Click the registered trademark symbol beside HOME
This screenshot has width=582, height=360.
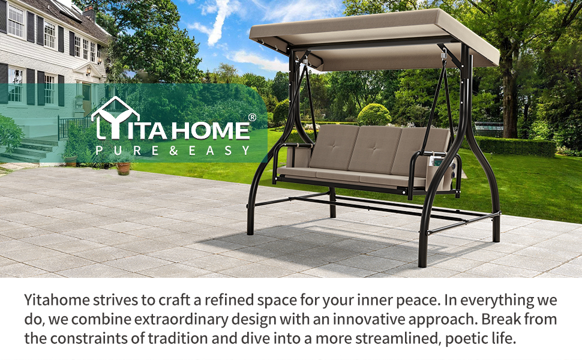tap(251, 117)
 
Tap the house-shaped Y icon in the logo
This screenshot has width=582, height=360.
tap(115, 118)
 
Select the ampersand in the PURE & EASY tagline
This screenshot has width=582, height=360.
tap(173, 151)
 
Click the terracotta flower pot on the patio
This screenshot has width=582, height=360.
tap(124, 168)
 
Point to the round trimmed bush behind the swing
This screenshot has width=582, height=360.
tap(374, 115)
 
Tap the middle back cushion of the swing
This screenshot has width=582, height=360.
tap(374, 151)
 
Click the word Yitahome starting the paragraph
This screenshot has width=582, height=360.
tap(57, 300)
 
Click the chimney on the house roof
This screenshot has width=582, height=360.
tap(89, 13)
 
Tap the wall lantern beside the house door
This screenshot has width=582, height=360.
tap(89, 71)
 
